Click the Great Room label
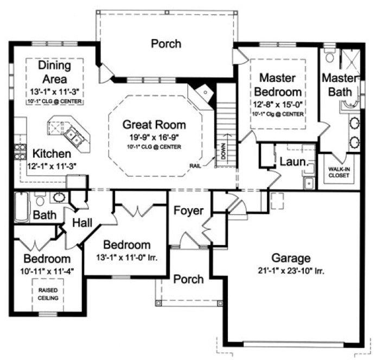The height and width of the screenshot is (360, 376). [154, 125]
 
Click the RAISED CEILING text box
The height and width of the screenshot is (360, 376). [48, 294]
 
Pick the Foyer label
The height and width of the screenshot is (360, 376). [188, 210]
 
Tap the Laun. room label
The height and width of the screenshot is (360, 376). [294, 161]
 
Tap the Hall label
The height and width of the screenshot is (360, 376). [81, 222]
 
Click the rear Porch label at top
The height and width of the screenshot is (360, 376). [166, 44]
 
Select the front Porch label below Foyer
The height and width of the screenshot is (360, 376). [188, 279]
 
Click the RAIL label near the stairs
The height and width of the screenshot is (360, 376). [196, 166]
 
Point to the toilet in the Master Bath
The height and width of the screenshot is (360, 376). [329, 57]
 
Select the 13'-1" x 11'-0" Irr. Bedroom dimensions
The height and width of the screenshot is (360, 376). [127, 258]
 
